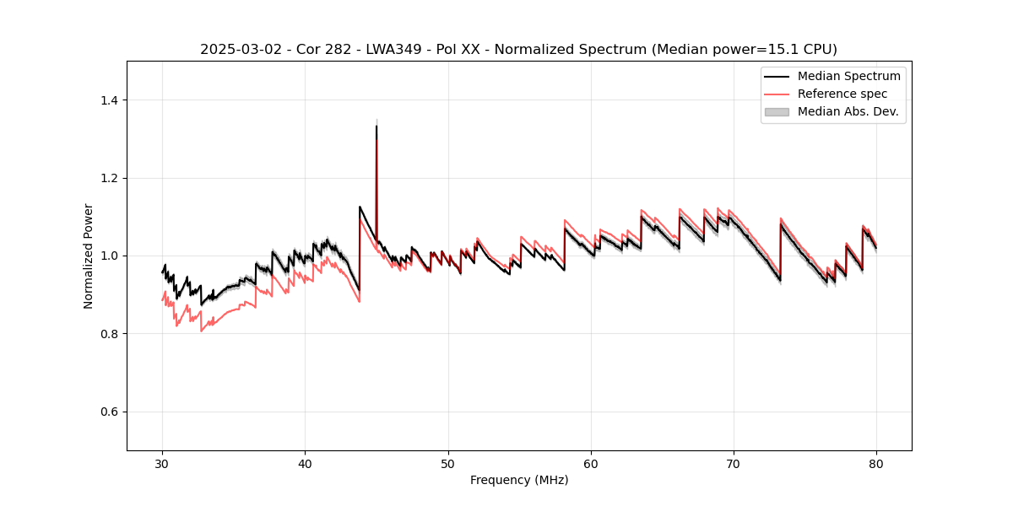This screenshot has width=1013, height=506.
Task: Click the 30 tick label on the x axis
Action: pyautogui.click(x=163, y=464)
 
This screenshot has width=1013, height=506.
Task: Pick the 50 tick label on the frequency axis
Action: pyautogui.click(x=448, y=464)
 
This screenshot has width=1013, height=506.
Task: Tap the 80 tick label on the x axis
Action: pyautogui.click(x=876, y=464)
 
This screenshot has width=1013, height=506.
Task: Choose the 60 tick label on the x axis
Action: pyautogui.click(x=591, y=464)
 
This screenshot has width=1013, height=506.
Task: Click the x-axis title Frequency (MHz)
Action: pyautogui.click(x=519, y=480)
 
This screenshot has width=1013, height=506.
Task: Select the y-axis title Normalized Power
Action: pyautogui.click(x=89, y=256)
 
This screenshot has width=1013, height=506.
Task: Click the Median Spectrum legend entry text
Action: pyautogui.click(x=848, y=76)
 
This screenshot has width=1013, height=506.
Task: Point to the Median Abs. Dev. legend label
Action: pyautogui.click(x=848, y=111)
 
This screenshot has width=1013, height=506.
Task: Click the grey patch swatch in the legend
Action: pyautogui.click(x=777, y=111)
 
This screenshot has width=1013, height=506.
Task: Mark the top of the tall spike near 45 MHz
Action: pyautogui.click(x=376, y=126)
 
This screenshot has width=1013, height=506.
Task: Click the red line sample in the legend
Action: pyautogui.click(x=777, y=94)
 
